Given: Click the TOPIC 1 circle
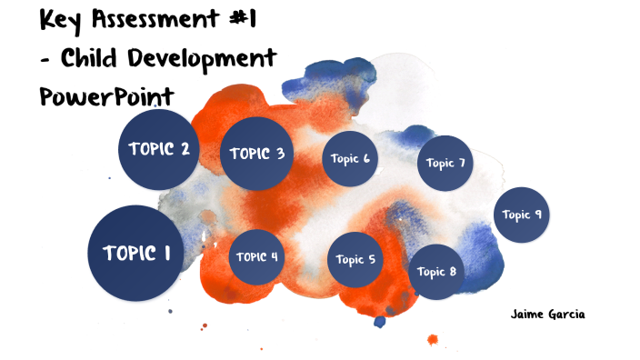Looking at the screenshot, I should click(x=135, y=254).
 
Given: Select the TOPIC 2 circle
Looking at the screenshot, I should click(x=159, y=150).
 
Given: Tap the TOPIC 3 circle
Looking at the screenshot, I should click(x=257, y=155).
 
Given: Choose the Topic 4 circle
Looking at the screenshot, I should click(x=257, y=256).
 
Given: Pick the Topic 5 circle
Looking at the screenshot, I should click(x=355, y=259).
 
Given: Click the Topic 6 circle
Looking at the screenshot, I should click(x=350, y=159).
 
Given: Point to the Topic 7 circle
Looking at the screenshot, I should click(x=445, y=164).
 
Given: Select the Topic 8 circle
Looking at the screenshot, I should click(x=436, y=272).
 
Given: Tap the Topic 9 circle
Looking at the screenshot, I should click(x=523, y=215).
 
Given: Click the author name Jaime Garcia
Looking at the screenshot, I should click(x=548, y=315).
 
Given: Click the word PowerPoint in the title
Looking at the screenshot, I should click(x=107, y=97).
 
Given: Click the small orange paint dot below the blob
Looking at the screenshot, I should click(x=433, y=340).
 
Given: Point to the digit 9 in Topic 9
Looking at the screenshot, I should click(x=538, y=215).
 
